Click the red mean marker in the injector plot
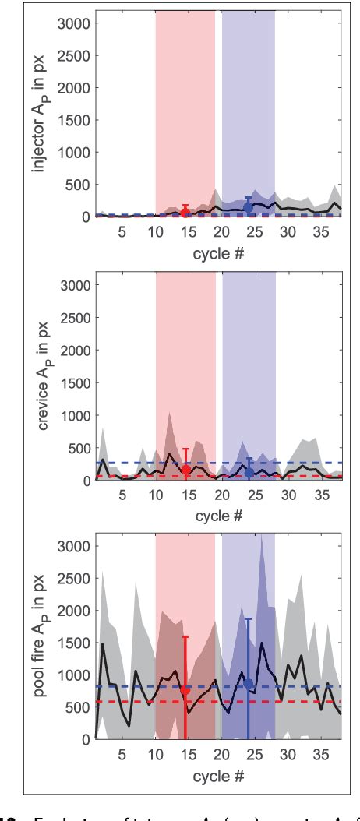tap(185, 213)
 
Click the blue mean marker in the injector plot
tap(249, 207)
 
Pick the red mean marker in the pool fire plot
tap(185, 690)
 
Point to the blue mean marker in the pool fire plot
tap(249, 683)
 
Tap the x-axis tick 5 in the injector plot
tap(122, 231)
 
